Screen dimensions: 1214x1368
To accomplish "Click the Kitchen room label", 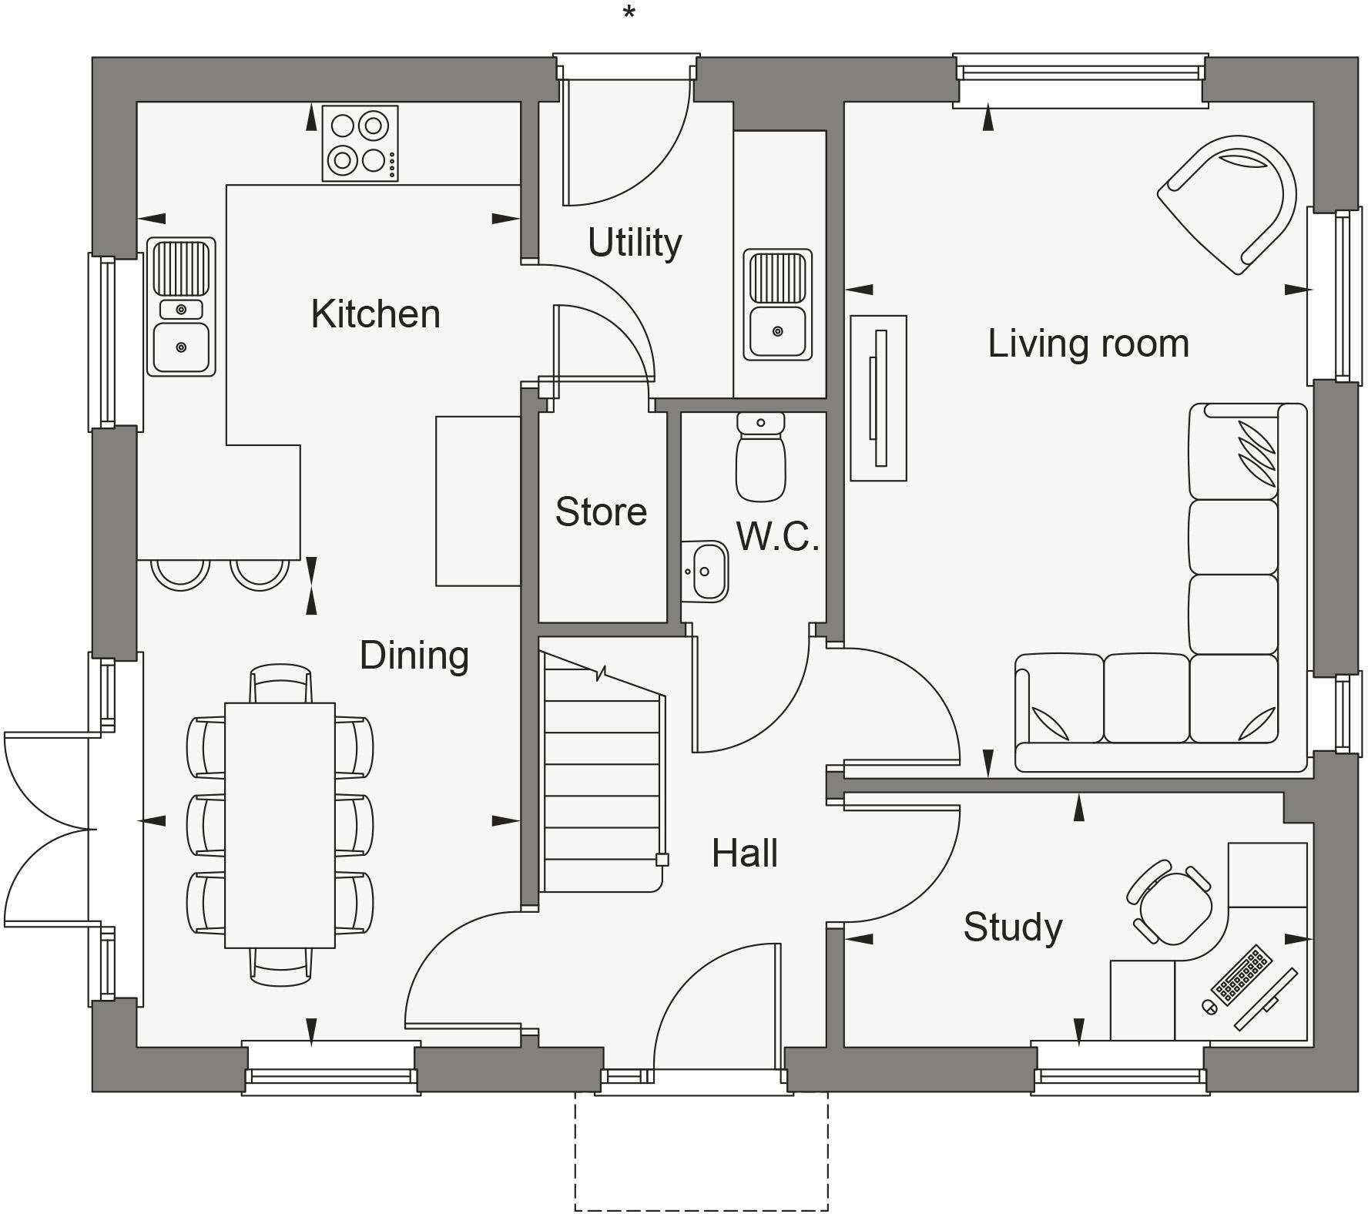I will tap(375, 314).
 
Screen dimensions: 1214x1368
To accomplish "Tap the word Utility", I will tap(635, 243).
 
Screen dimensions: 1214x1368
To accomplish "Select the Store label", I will tap(601, 512).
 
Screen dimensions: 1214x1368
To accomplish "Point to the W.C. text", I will tap(776, 537).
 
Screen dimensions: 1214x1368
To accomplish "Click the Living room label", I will tap(1088, 344).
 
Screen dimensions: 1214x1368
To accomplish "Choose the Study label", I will tap(1012, 927).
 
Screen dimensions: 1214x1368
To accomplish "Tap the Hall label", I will tap(744, 853).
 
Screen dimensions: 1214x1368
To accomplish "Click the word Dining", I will tap(414, 656).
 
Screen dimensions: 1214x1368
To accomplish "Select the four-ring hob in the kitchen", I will tap(360, 143).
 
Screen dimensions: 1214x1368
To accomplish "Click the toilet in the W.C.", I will tap(760, 458).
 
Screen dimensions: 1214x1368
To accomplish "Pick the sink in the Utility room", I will tap(777, 304).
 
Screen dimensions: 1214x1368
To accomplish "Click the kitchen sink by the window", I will tap(181, 307).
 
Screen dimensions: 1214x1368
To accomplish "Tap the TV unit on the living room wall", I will tap(878, 397).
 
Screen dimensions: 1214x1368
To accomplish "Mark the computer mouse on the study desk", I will tap(1209, 1006).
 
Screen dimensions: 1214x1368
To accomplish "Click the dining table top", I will tap(280, 824).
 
